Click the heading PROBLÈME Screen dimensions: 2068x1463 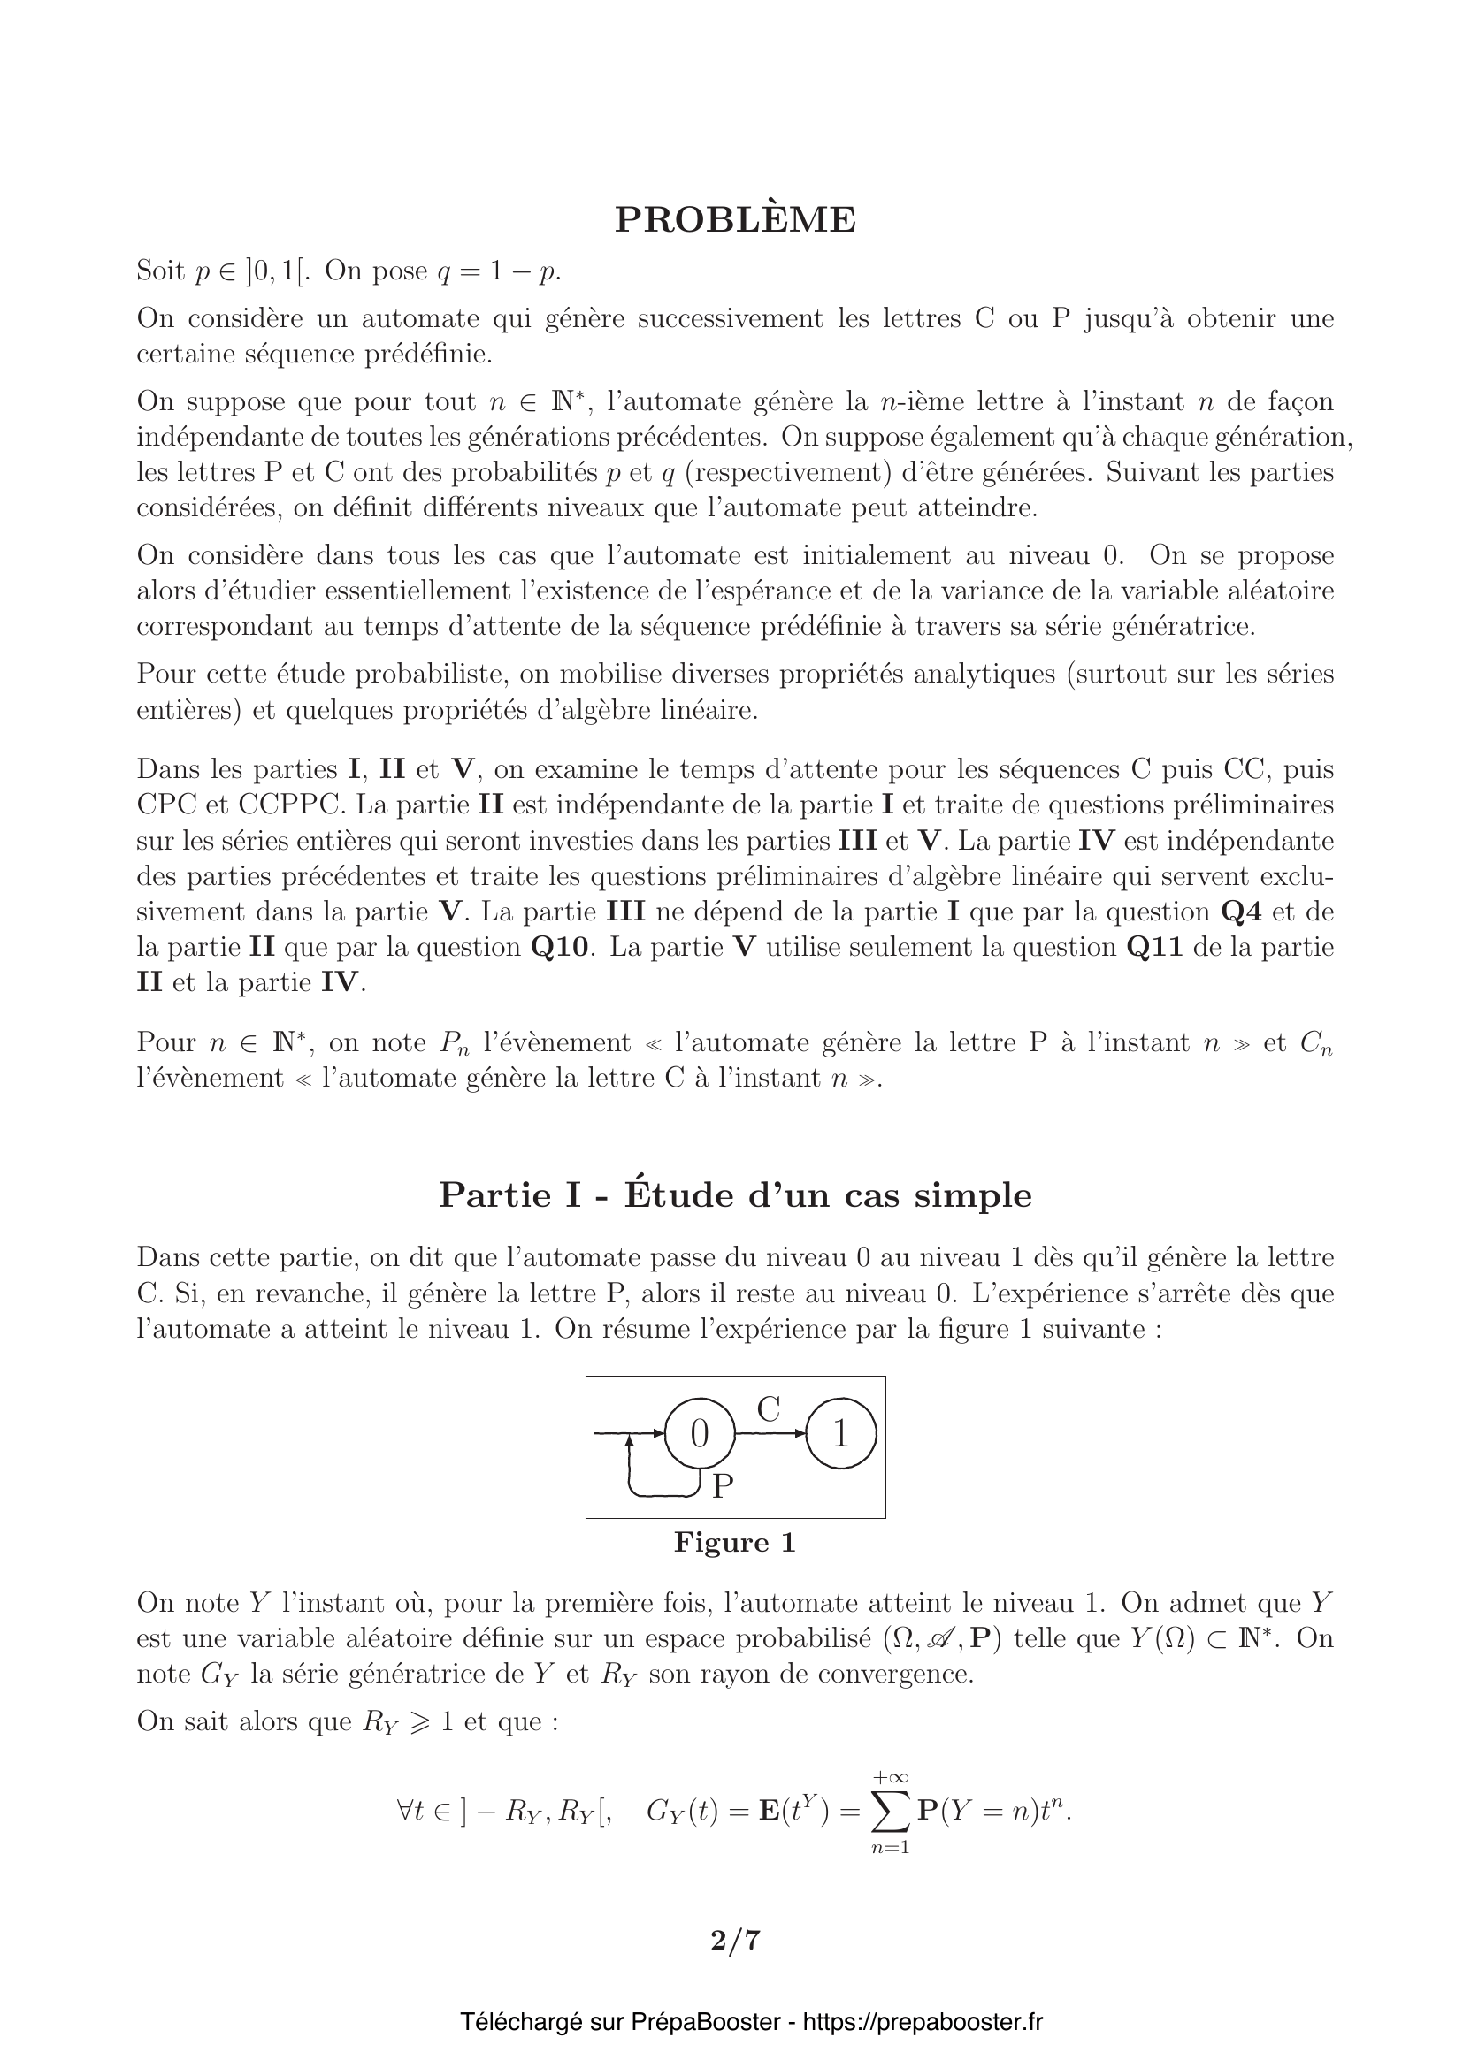(735, 220)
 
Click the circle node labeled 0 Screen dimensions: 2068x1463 (699, 1434)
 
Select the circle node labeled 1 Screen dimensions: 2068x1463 (840, 1434)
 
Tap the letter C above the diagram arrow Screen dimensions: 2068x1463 (768, 1409)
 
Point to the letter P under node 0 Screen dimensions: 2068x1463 (723, 1486)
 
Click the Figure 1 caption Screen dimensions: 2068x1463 (735, 1543)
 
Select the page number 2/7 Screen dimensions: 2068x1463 (735, 1939)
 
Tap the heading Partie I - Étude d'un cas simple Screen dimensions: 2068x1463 (735, 1195)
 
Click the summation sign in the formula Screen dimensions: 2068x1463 (890, 1812)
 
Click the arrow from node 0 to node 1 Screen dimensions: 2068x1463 (770, 1433)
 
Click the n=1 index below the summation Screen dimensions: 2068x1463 (890, 1848)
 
